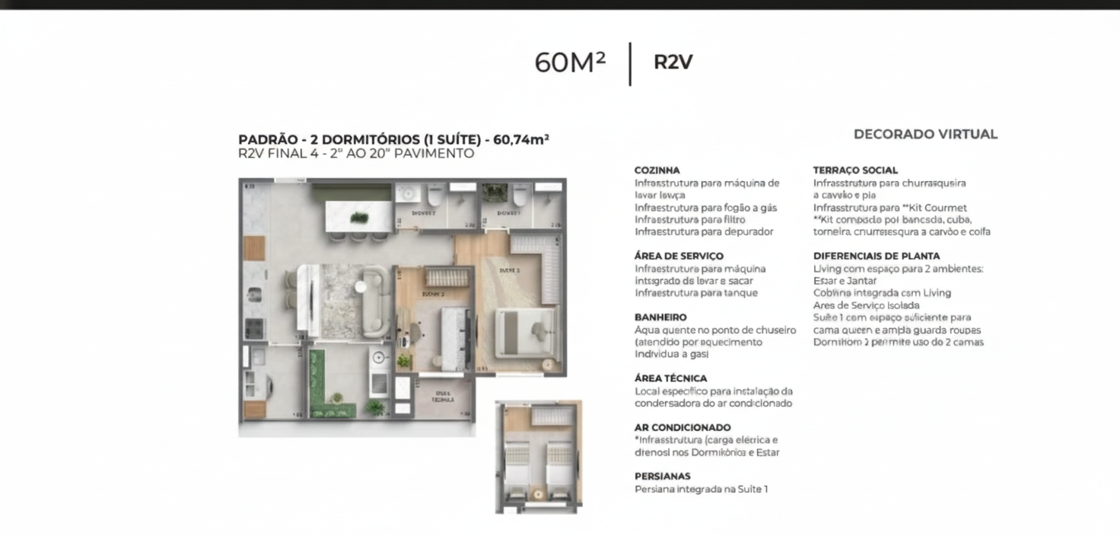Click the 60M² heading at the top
pos(570,62)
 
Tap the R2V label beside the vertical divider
pos(673,62)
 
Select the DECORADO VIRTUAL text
pos(925,135)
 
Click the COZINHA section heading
pos(657,171)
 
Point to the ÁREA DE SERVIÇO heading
pos(679,257)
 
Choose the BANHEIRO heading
pos(660,317)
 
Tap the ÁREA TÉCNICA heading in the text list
pos(670,378)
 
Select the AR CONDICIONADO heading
pos(682,428)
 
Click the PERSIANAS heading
pos(663,477)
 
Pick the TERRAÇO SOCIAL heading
pos(855,171)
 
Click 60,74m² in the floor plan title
pos(521,140)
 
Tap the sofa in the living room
pos(376,301)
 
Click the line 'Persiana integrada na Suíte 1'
pos(701,490)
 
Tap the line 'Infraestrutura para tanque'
pos(696,293)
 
